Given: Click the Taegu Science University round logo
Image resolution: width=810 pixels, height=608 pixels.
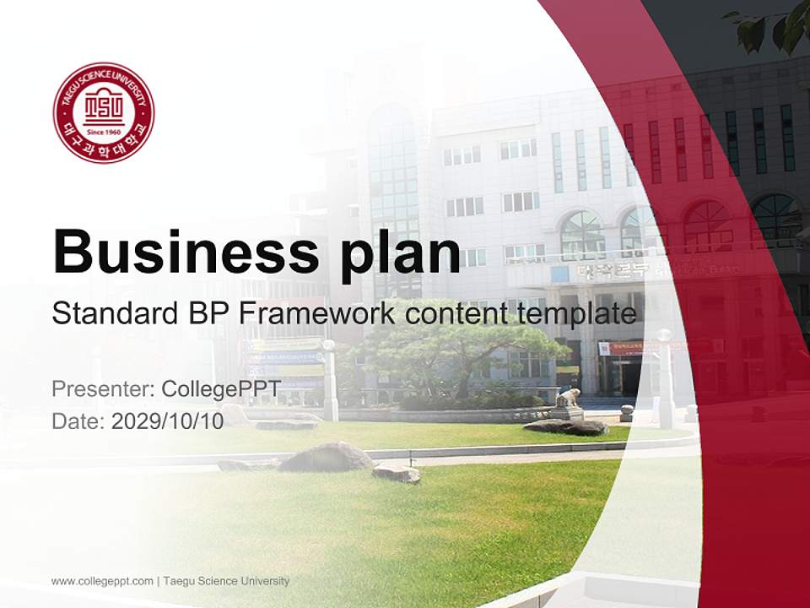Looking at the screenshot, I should [104, 112].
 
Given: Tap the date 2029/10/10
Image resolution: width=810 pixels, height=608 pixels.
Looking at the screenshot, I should [167, 421].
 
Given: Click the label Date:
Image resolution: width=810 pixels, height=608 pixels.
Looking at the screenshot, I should [78, 421].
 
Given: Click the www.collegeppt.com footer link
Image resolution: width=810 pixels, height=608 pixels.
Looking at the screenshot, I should [102, 581].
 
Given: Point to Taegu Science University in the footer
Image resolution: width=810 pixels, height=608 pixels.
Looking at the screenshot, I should [226, 581].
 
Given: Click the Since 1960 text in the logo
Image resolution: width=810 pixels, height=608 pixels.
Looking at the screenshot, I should [104, 133].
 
